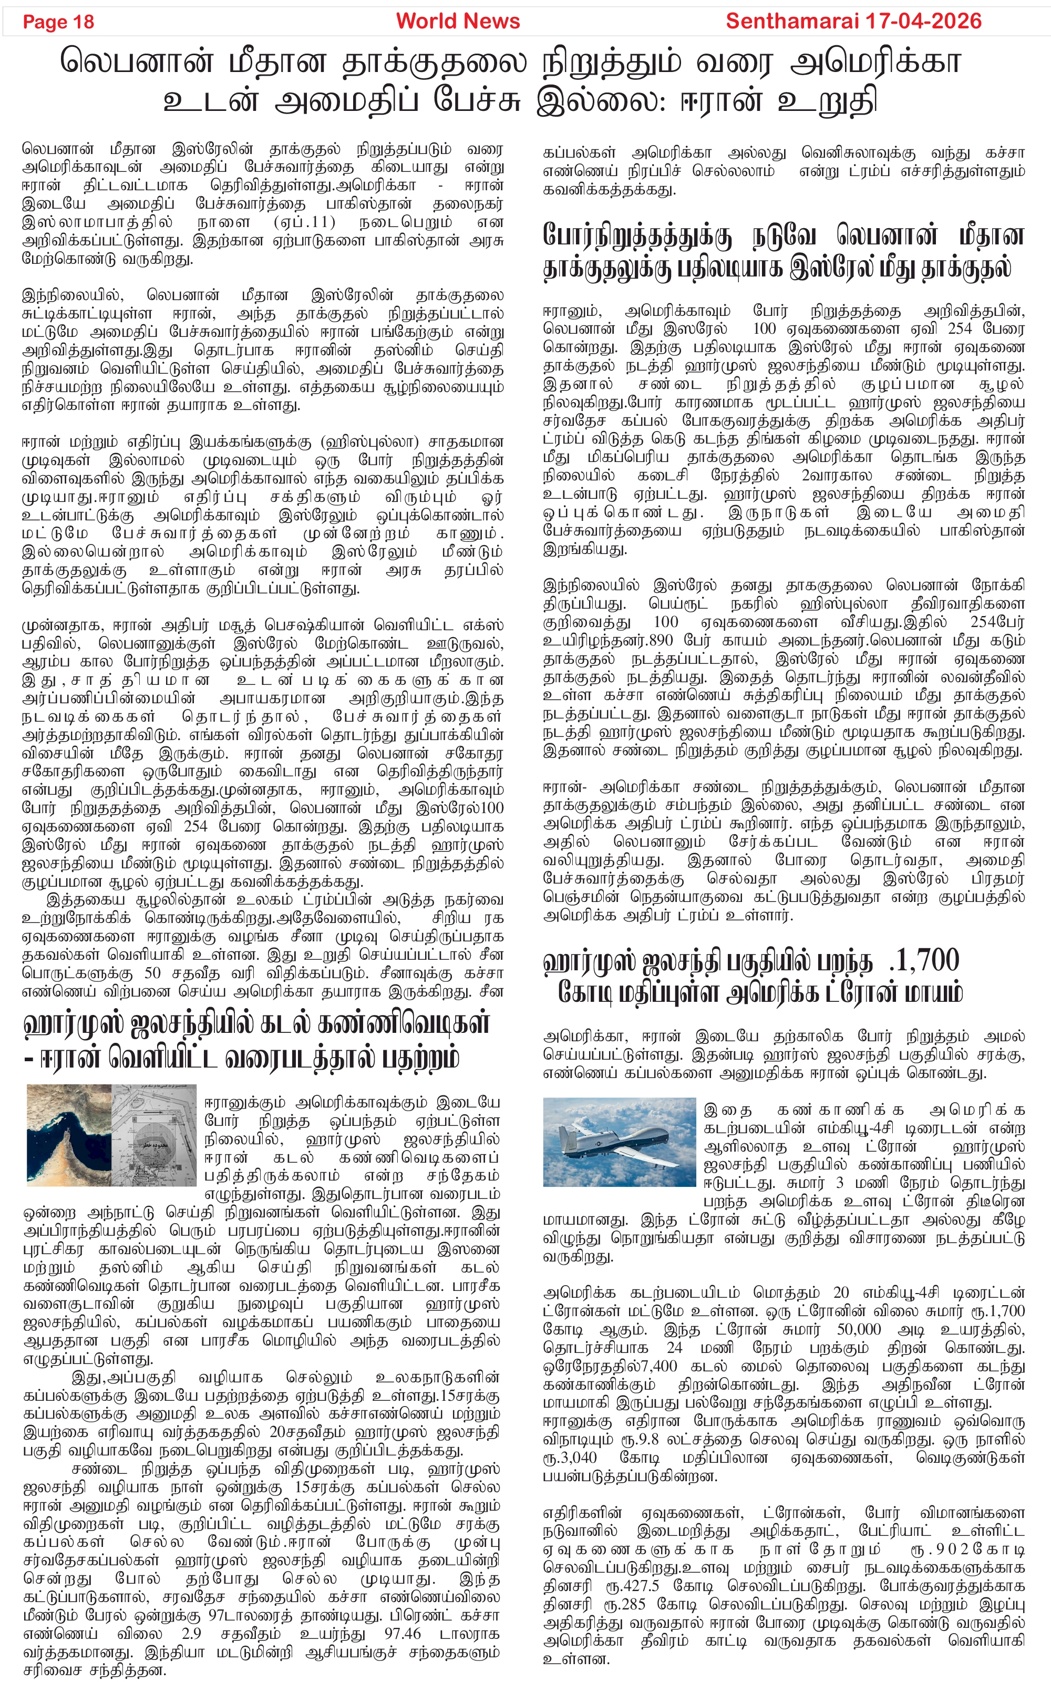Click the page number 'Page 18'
58,22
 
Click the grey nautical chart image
154,1134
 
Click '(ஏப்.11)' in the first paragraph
304,222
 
